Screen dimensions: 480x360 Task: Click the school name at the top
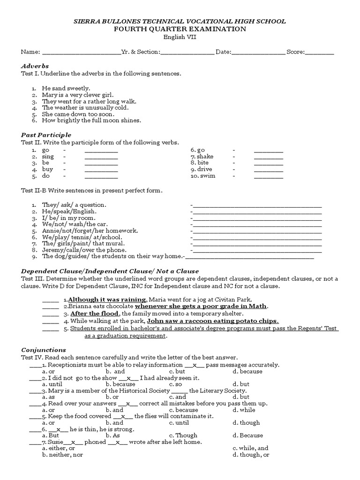tap(180, 22)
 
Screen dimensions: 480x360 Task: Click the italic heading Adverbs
tap(35, 66)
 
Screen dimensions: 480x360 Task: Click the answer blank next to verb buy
tap(101, 170)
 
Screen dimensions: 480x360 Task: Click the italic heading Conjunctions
tap(44, 350)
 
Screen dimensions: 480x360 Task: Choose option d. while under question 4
tap(244, 410)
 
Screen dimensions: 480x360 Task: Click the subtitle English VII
tap(180, 37)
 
